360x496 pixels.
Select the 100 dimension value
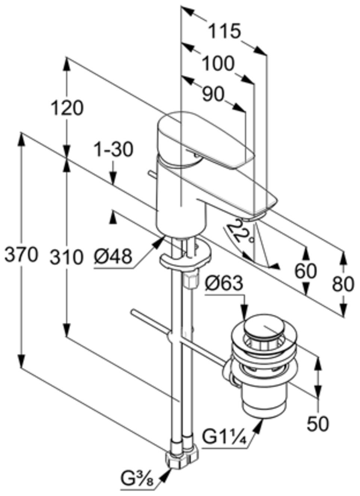[218, 64]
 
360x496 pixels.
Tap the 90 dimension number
[213, 94]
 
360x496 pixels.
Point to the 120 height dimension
[67, 108]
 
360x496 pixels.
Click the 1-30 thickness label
[113, 150]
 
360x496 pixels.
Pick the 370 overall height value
[21, 255]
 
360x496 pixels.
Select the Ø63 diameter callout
[224, 284]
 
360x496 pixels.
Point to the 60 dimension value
[306, 271]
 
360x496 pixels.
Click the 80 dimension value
[343, 284]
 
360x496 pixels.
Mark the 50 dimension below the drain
[317, 423]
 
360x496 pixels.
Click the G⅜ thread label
[137, 480]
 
